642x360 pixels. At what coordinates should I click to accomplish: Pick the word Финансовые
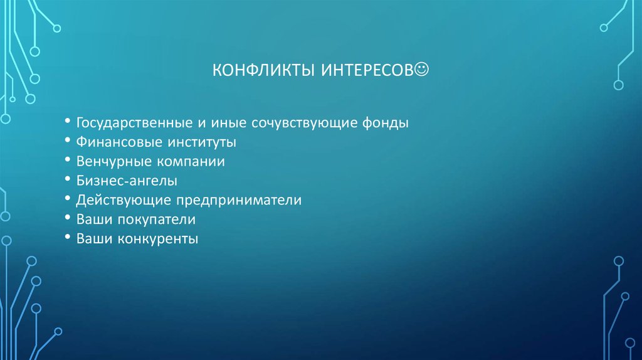[x=113, y=143]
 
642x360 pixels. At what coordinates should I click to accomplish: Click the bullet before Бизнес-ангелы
[x=67, y=181]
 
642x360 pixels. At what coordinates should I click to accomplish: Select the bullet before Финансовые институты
[x=67, y=142]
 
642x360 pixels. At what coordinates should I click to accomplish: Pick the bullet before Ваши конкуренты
[x=67, y=239]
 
